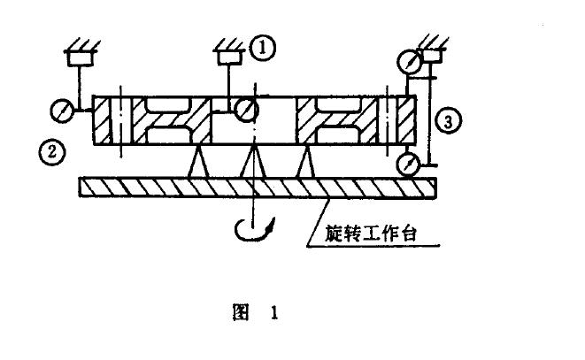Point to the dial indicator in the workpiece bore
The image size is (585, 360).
pyautogui.click(x=248, y=109)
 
